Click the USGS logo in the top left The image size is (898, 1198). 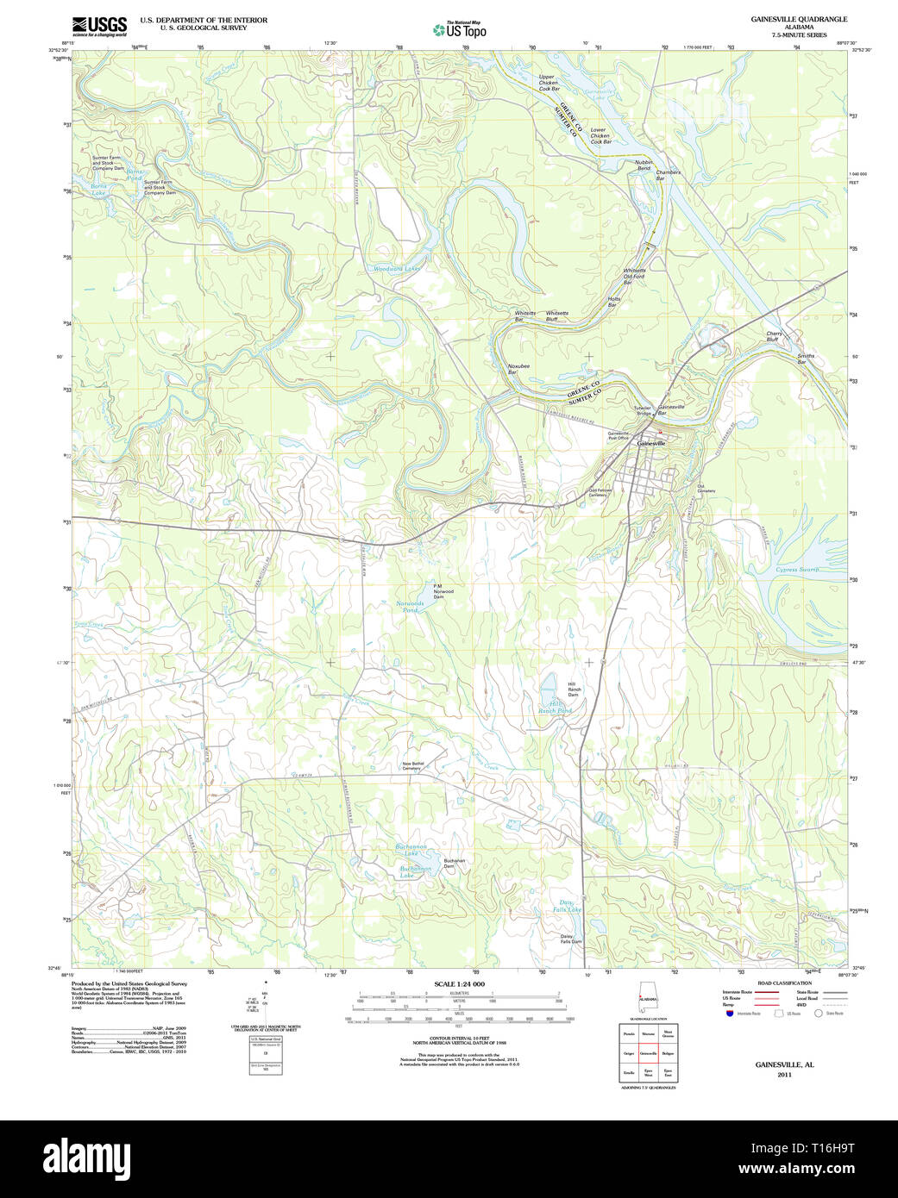pyautogui.click(x=98, y=26)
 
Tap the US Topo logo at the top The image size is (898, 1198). pyautogui.click(x=460, y=30)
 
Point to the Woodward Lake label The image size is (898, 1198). pyautogui.click(x=396, y=269)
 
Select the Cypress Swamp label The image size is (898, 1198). pyautogui.click(x=798, y=570)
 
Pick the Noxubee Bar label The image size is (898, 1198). pyautogui.click(x=518, y=369)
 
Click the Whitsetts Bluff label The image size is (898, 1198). pyautogui.click(x=556, y=316)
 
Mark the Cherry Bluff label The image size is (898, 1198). pyautogui.click(x=774, y=337)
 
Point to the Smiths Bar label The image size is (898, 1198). pyautogui.click(x=805, y=359)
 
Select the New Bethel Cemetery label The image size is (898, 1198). pyautogui.click(x=412, y=765)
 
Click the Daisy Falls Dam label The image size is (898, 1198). pyautogui.click(x=570, y=939)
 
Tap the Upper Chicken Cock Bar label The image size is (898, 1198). pyautogui.click(x=549, y=83)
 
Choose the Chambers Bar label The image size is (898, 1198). pyautogui.click(x=668, y=175)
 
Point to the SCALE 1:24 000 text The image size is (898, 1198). pyautogui.click(x=459, y=984)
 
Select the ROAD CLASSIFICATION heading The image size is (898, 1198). pyautogui.click(x=783, y=983)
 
